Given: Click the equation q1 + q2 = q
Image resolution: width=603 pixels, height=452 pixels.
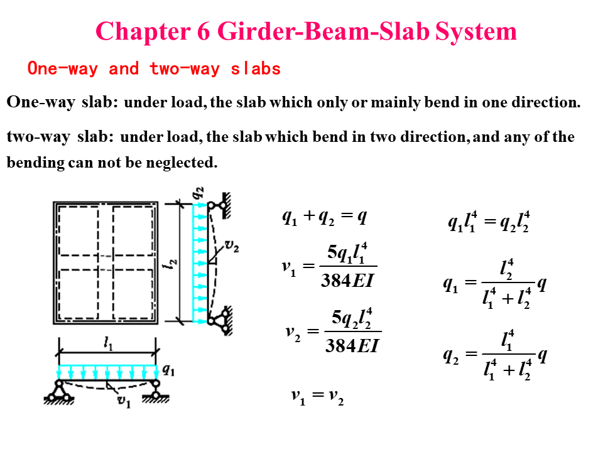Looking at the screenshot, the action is (x=324, y=218).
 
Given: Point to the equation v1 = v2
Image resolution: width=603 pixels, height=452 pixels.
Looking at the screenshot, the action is (x=317, y=396).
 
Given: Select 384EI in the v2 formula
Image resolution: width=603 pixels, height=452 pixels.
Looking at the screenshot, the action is (x=352, y=345).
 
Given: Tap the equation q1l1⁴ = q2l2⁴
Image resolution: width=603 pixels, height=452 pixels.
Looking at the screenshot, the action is (x=488, y=222).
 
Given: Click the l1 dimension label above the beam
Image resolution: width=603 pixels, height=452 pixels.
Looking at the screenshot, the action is (x=109, y=342).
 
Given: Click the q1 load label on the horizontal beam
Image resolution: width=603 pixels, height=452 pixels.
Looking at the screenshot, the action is (x=168, y=370).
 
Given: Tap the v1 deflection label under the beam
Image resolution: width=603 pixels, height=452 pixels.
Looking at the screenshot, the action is (x=124, y=402).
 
